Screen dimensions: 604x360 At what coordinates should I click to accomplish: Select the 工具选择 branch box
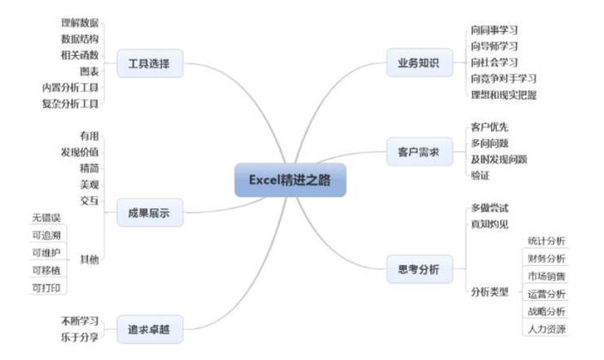[148, 63]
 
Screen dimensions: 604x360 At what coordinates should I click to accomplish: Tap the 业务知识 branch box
[418, 63]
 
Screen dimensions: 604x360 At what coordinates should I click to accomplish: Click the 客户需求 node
[418, 152]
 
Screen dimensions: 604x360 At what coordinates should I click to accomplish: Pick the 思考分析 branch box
[418, 269]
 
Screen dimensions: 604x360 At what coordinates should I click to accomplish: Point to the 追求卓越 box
[148, 327]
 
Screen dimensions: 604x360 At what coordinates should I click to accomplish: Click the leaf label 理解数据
[80, 21]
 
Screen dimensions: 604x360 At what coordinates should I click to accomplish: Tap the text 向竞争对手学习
[504, 78]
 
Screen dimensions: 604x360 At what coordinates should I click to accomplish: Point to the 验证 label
[481, 176]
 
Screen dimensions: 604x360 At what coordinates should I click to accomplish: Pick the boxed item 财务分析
[546, 258]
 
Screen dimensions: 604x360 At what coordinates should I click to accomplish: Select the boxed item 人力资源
[546, 329]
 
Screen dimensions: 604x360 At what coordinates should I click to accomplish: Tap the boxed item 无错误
[45, 218]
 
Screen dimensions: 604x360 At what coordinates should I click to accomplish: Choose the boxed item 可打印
[45, 287]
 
